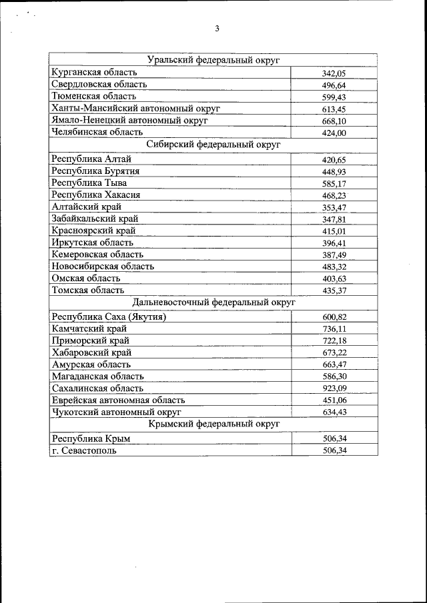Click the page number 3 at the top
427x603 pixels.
217,28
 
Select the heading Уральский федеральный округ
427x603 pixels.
213,60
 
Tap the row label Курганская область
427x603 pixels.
94,72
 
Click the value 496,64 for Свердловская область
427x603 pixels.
334,85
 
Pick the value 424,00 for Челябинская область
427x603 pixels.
334,133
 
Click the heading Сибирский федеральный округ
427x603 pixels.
213,144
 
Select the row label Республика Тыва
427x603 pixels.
89,183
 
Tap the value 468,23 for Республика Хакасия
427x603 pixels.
334,195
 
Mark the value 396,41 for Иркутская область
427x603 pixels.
334,244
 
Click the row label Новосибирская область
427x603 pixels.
102,267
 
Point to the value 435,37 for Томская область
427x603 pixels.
334,291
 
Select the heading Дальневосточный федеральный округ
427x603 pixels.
213,302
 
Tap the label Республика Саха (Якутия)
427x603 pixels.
108,316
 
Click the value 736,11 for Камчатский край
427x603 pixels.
334,329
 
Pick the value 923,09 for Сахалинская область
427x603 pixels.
334,389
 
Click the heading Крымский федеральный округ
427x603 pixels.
213,424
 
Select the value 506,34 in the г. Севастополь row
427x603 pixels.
334,450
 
